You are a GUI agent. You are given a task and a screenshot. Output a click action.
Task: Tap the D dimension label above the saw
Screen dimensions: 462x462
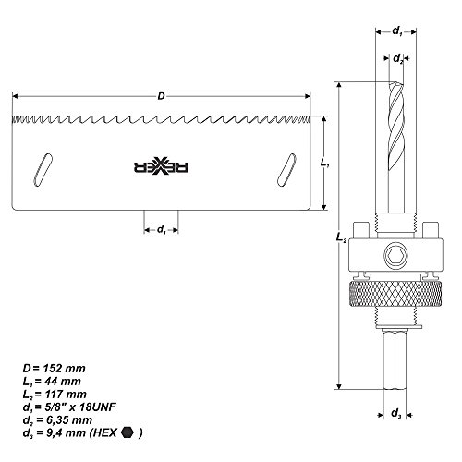coord(162,95)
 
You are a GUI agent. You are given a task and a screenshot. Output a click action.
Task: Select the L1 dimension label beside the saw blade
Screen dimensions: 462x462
coord(337,164)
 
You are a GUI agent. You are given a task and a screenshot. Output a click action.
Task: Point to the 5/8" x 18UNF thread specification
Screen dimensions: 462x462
coord(74,403)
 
